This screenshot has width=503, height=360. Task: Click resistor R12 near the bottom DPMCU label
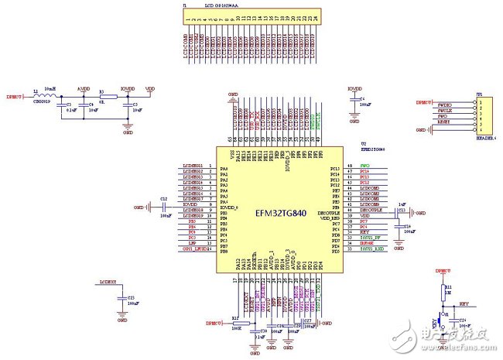235,322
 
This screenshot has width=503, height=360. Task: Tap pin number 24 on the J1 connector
316,18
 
